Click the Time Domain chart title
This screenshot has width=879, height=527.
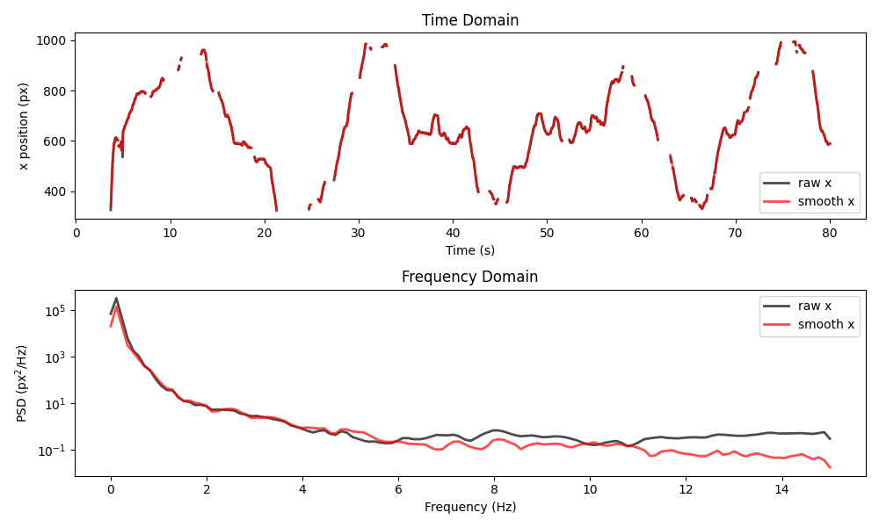[x=469, y=20]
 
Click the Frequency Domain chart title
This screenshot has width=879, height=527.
[x=469, y=277]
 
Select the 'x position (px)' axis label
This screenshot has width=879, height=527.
[x=24, y=126]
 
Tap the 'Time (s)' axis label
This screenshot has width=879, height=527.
[x=469, y=250]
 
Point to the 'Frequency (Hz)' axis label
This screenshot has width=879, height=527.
[x=469, y=507]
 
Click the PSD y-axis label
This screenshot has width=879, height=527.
[x=24, y=383]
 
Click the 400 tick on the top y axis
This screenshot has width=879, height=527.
[x=56, y=191]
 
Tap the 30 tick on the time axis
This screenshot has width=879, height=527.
[x=359, y=233]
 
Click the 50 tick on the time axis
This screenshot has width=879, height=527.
[x=547, y=233]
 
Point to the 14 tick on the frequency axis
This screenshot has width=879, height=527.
[x=781, y=489]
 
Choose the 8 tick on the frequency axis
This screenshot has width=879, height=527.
[x=494, y=489]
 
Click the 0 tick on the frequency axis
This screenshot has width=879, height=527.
[x=111, y=489]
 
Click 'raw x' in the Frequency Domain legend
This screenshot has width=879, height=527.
[x=814, y=306]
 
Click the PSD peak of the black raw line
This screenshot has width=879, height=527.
[x=116, y=298]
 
